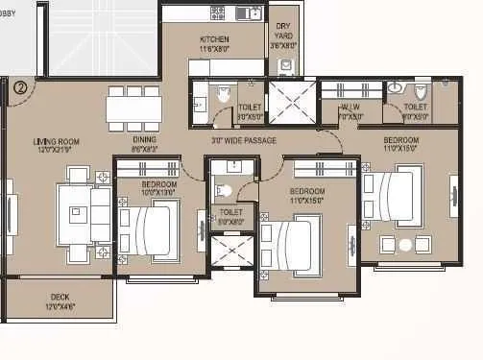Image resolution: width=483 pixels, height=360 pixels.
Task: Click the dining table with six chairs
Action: click(133, 107)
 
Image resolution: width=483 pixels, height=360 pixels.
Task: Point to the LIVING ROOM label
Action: click(54, 145)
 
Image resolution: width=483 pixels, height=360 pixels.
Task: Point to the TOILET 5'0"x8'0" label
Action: click(231, 216)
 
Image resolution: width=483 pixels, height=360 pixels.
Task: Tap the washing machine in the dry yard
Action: click(285, 65)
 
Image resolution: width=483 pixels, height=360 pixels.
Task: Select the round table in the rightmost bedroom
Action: click(405, 245)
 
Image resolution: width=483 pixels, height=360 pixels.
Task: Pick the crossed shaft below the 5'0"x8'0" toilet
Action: click(231, 252)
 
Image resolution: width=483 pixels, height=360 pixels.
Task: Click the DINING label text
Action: click(145, 140)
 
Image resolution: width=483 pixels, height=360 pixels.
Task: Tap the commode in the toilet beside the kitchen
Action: click(223, 94)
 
